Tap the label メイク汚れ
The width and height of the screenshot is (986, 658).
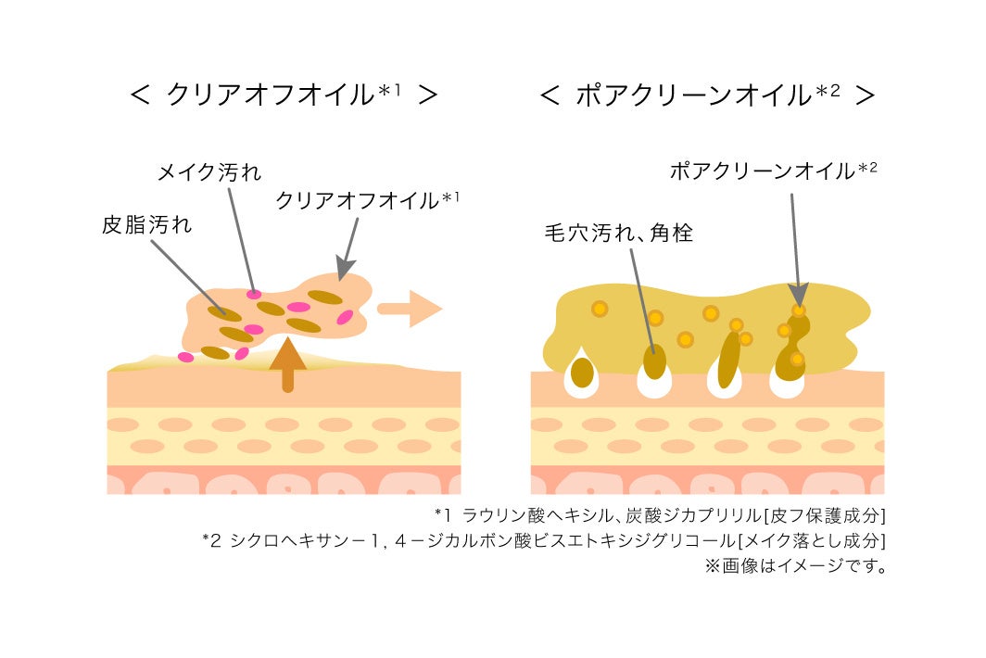209,172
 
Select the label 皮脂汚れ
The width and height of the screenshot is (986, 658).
146,225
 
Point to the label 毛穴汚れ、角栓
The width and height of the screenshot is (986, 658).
618,233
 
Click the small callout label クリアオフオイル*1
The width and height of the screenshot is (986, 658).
368,200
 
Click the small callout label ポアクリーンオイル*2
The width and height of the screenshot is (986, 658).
773,171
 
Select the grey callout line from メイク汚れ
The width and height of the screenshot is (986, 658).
240,236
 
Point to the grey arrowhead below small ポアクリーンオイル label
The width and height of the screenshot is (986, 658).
799,293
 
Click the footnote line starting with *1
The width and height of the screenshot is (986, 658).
660,514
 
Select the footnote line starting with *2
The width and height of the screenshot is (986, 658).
545,540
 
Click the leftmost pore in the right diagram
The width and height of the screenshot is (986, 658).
582,373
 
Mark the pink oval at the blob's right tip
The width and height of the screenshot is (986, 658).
345,318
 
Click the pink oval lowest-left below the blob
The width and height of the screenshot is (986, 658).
186,357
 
